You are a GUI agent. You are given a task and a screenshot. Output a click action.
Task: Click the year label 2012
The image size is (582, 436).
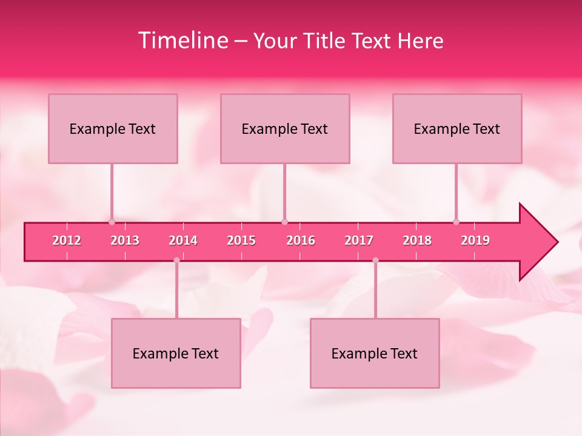click(67, 240)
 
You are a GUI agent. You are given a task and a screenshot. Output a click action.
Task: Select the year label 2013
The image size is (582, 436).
click(125, 240)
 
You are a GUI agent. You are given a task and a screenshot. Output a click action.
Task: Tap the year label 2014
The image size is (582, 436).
click(183, 240)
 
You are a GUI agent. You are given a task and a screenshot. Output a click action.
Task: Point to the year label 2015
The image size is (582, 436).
click(241, 240)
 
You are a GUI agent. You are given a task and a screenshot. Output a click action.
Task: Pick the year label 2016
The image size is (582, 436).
click(301, 240)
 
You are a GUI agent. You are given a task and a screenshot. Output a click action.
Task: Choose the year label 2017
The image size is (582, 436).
click(359, 240)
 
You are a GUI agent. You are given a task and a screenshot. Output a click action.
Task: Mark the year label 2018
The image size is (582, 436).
click(417, 240)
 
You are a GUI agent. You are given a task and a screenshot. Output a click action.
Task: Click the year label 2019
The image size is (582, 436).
click(475, 240)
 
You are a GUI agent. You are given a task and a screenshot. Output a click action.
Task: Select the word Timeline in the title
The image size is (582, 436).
click(183, 41)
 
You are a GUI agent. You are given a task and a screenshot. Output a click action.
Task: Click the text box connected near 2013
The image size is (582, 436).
click(113, 128)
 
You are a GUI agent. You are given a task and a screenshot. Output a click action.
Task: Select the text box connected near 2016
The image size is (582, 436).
click(285, 128)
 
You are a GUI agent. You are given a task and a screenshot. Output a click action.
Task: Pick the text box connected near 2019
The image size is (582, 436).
click(457, 128)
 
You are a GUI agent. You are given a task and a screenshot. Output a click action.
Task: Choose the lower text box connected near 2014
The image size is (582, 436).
click(176, 353)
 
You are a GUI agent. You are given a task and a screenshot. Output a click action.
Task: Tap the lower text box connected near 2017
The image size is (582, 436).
click(375, 353)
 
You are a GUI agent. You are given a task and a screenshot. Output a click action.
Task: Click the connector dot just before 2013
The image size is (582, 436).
click(112, 222)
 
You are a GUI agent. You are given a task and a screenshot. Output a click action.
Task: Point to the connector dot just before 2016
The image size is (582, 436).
click(284, 222)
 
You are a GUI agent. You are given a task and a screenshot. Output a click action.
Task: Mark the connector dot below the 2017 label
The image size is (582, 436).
click(375, 260)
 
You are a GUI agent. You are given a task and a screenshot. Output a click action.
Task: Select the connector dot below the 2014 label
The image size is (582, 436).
click(176, 260)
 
